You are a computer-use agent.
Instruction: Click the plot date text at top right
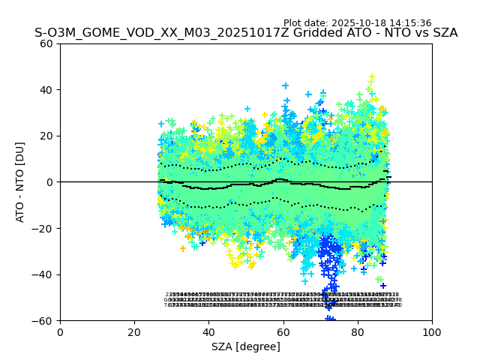[x=357, y=23]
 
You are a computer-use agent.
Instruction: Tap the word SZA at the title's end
[x=442, y=33]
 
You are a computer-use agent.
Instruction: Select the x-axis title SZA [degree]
[x=246, y=346]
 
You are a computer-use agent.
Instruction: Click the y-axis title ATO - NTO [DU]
[x=20, y=182]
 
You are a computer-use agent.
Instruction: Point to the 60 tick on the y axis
[x=46, y=43]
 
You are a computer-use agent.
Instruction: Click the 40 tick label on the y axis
[x=46, y=90]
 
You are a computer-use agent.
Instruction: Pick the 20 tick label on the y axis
[x=46, y=136]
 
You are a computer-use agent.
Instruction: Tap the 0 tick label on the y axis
[x=49, y=182]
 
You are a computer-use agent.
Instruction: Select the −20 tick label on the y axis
[x=43, y=229]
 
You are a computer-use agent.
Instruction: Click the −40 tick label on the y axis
[x=43, y=274]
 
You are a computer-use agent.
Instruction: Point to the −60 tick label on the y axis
[x=43, y=321]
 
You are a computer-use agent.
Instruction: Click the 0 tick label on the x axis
[x=60, y=331]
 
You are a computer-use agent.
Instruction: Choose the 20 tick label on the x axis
[x=134, y=331]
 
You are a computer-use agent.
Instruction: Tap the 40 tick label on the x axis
[x=208, y=331]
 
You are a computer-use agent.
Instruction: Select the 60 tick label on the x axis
[x=283, y=331]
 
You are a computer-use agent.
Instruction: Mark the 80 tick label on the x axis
[x=358, y=331]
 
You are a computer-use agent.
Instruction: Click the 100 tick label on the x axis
[x=432, y=331]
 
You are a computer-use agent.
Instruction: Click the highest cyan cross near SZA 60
[x=285, y=86]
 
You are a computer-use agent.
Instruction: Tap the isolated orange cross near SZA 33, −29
[x=183, y=248]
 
